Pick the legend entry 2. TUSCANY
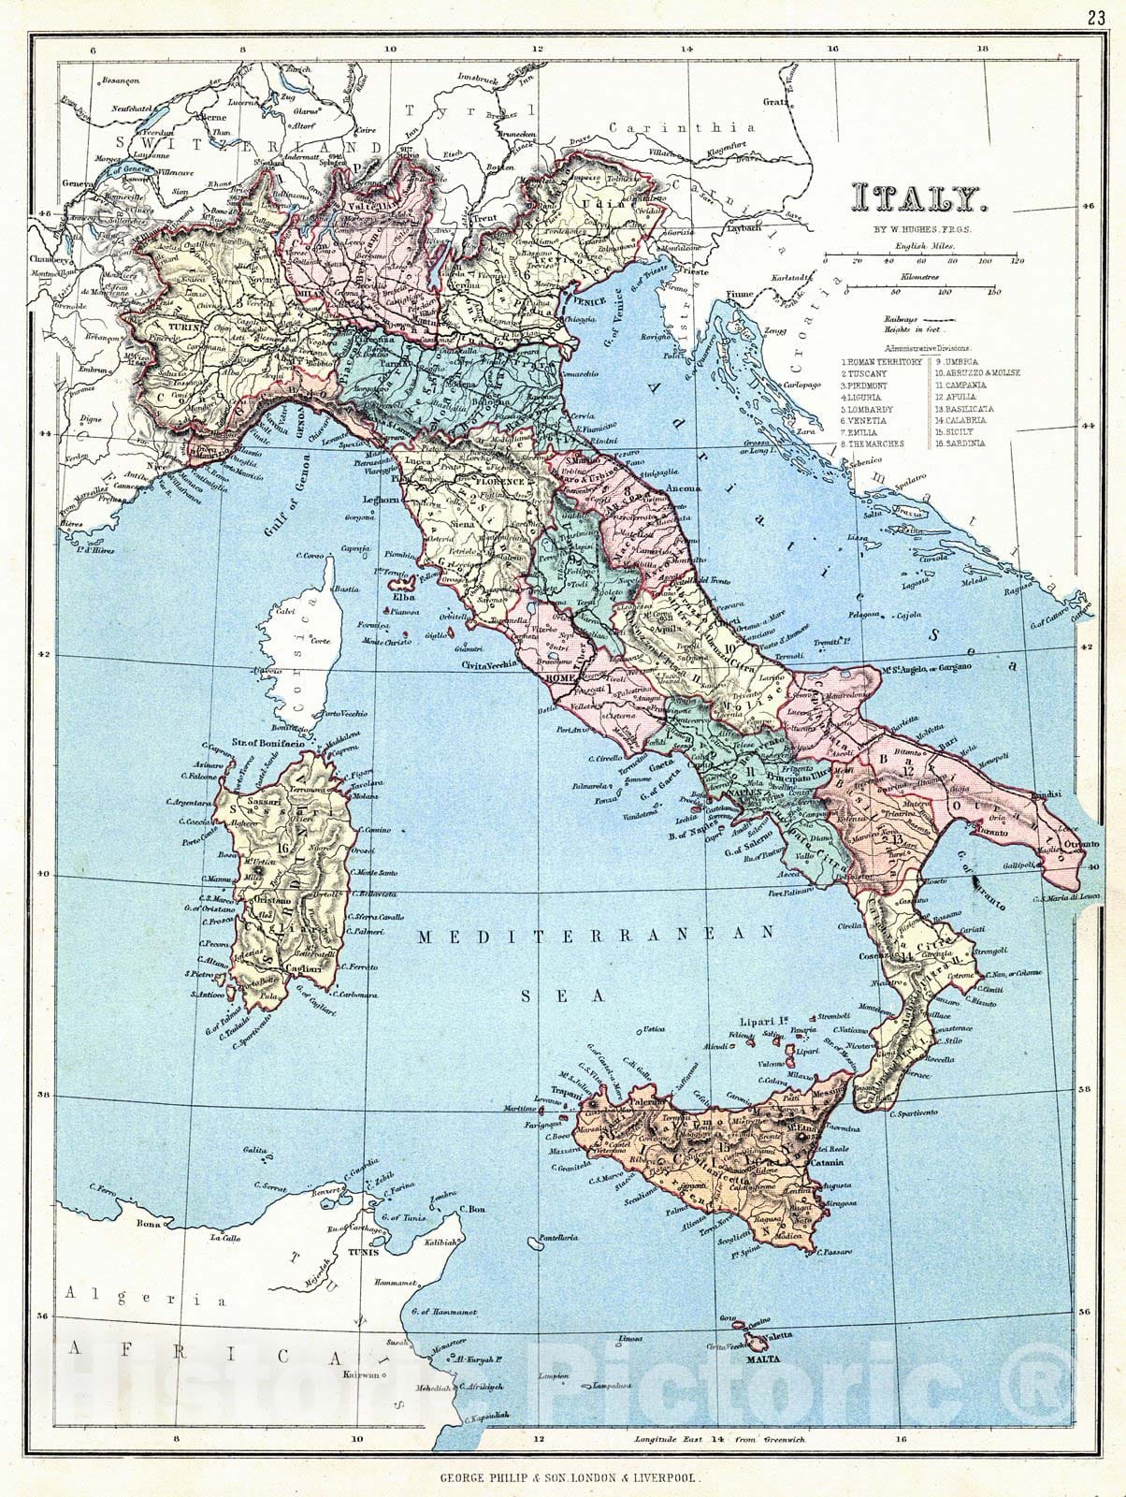coord(866,372)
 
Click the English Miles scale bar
coord(920,255)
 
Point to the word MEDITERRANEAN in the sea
coord(597,934)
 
